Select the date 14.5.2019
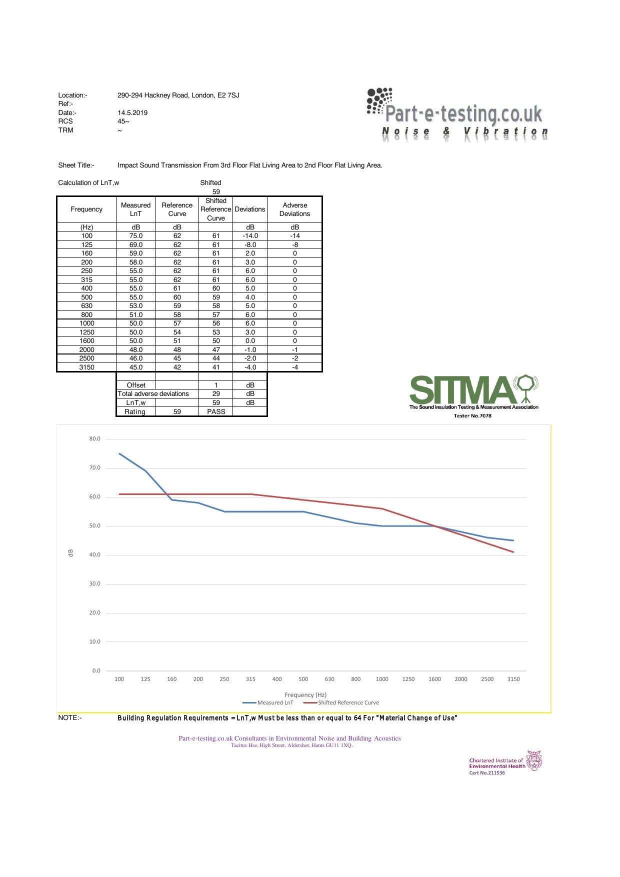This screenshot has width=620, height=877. click(x=132, y=112)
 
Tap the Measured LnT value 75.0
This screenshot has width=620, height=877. click(x=136, y=236)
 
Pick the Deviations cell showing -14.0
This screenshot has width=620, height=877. click(x=250, y=236)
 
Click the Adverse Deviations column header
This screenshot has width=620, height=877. click(x=294, y=209)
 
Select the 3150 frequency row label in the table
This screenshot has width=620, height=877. click(x=86, y=367)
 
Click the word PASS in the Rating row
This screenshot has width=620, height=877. click(x=216, y=411)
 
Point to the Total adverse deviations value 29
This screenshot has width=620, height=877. click(x=216, y=394)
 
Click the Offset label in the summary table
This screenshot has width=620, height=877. click(x=136, y=385)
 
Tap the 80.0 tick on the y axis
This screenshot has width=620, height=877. click(x=94, y=439)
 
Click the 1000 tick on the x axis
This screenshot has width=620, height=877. click(x=382, y=679)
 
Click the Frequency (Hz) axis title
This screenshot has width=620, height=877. click(x=305, y=694)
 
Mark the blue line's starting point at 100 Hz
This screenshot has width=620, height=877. click(x=119, y=453)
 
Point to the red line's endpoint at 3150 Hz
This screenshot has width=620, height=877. click(x=513, y=552)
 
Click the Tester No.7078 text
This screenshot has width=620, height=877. click(x=472, y=415)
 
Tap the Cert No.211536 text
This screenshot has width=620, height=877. click(x=486, y=772)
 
